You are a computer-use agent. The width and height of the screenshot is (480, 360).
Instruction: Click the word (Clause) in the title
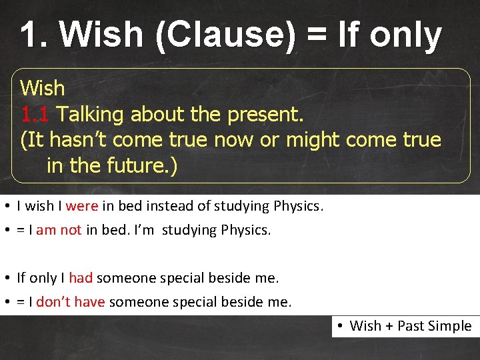tap(225, 35)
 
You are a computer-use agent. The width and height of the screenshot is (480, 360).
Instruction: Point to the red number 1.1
tap(35, 115)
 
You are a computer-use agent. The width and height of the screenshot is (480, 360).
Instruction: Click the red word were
tap(81, 206)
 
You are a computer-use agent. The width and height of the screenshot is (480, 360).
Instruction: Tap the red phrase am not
tap(59, 230)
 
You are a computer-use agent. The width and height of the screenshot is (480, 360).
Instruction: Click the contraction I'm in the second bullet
tap(145, 230)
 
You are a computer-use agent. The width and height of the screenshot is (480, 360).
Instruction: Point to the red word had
tap(81, 277)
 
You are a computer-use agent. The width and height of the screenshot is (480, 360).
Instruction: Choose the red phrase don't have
tap(70, 302)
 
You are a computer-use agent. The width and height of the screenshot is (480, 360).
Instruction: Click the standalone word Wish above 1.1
tap(43, 88)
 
